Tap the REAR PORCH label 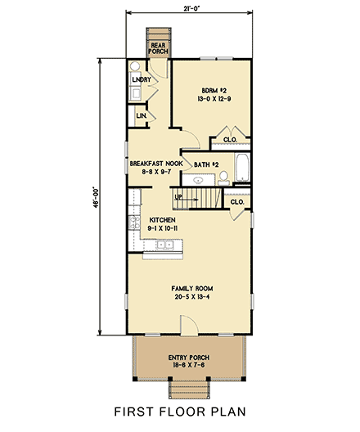point(158,48)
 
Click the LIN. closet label point(141,117)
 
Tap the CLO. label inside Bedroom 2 point(230,139)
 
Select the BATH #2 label point(206,164)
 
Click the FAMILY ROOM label point(190,289)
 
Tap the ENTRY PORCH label point(189,358)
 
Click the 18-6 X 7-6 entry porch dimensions point(189,367)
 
